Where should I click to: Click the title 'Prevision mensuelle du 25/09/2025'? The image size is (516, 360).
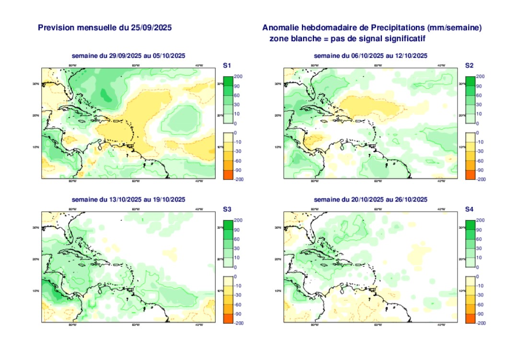coord(105,28)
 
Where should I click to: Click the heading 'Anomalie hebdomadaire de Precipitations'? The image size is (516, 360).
coord(372,28)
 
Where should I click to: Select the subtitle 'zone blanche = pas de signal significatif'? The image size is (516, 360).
coord(347,38)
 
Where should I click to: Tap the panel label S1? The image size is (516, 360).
coord(228,66)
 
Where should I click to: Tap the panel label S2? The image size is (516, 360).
coord(470,66)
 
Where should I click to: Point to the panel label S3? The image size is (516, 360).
coord(228,210)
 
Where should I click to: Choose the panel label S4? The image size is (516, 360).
coord(470,210)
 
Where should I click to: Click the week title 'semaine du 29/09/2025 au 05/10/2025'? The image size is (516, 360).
coord(128,56)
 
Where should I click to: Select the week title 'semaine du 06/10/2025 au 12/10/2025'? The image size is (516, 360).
coord(370,56)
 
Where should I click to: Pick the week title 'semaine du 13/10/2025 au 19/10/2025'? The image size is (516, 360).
coord(128,200)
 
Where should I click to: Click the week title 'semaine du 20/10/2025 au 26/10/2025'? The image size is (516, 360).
coord(370,200)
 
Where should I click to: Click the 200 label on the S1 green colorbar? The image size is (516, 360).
coord(239,77)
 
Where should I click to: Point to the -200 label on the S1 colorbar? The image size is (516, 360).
coord(239,179)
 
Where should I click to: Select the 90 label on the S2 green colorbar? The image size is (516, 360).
coord(480,86)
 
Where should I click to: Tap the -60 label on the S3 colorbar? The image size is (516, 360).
coord(238,304)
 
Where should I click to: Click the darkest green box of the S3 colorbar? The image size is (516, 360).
coord(228,225)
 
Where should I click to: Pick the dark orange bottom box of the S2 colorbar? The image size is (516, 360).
coord(470,175)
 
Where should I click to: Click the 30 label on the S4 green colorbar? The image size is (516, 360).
coord(480,248)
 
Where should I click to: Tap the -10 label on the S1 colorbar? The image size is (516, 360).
coord(238,142)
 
